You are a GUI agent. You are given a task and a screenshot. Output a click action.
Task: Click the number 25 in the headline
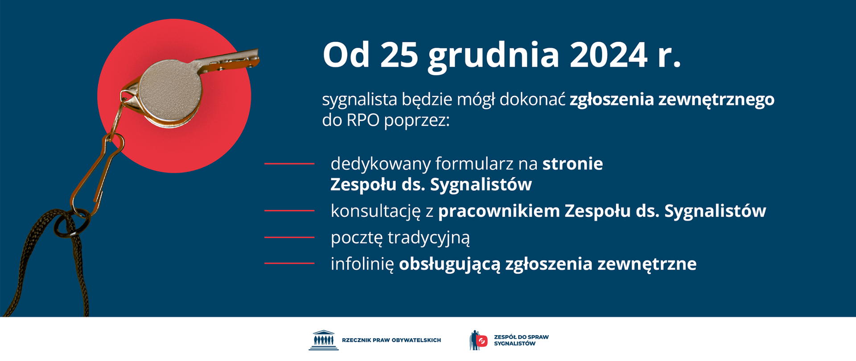pos(399,55)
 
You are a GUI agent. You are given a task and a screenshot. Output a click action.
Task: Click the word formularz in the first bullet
pos(474,164)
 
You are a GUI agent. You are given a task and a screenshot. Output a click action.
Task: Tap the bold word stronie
pos(572,164)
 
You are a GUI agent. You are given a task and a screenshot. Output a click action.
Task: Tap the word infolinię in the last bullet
pos(362,264)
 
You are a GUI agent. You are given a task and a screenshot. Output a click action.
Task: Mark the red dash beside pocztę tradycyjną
pos(289,237)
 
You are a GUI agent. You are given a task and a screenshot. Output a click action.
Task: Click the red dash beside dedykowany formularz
pos(289,164)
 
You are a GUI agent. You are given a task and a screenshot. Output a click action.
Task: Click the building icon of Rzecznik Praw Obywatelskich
pos(324,340)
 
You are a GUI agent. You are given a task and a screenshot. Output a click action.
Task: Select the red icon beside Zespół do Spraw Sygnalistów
pos(481,341)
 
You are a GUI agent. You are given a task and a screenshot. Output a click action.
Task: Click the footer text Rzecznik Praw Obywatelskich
pos(391,340)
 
